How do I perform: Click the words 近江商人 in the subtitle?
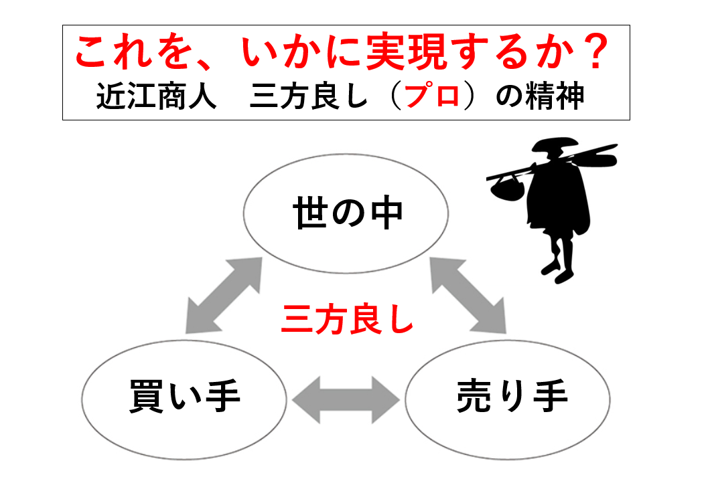pyautogui.click(x=157, y=96)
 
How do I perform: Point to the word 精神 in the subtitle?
pyautogui.click(x=554, y=96)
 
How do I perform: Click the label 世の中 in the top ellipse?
pyautogui.click(x=348, y=213)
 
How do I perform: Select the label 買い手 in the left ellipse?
pyautogui.click(x=184, y=396)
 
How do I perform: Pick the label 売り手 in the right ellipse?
pyautogui.click(x=512, y=396)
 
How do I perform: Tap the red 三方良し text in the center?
pyautogui.click(x=348, y=319)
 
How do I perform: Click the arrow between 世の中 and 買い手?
pyautogui.click(x=224, y=296)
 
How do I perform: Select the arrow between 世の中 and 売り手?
pyautogui.click(x=468, y=296)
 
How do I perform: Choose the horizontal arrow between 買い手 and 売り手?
pyautogui.click(x=346, y=400)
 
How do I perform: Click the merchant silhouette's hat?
pyautogui.click(x=555, y=144)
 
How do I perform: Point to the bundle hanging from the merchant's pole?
pyautogui.click(x=507, y=188)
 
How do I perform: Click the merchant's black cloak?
pyautogui.click(x=559, y=195)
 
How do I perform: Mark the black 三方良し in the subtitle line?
pyautogui.click(x=308, y=96)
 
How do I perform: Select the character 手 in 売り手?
pyautogui.click(x=551, y=396)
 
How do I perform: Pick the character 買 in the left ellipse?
pyautogui.click(x=146, y=396)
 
